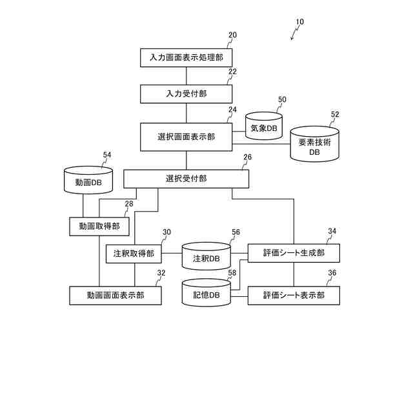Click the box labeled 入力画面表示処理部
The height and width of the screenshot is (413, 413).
186,57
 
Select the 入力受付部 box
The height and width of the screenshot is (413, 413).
186,94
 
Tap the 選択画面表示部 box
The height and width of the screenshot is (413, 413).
186,137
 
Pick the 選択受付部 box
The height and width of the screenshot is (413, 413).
186,178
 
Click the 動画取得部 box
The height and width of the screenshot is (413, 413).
99,227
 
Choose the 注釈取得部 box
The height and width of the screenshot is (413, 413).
134,254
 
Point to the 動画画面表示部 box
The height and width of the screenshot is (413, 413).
116,296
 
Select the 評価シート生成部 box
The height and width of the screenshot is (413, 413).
294,253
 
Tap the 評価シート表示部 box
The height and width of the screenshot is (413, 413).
294,296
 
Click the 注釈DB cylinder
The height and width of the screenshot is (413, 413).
206,257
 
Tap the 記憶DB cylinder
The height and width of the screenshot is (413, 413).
206,294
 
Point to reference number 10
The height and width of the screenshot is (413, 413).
299,22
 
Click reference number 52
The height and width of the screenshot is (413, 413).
335,115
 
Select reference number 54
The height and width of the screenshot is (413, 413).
107,155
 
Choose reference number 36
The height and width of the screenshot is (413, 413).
332,273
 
